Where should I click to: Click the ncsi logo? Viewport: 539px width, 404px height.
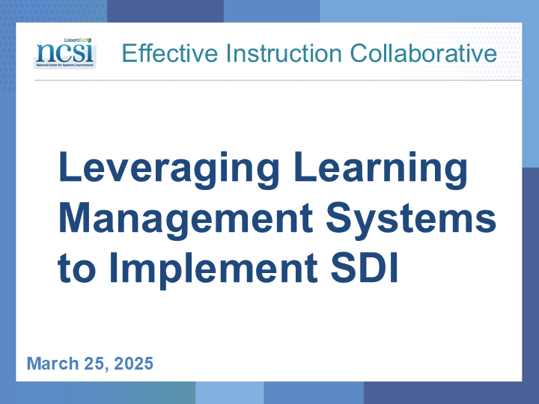tap(65, 53)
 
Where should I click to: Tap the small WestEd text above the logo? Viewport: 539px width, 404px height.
tap(78, 40)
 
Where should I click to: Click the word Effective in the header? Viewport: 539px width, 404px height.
tap(170, 53)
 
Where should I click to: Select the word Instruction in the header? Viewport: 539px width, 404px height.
tap(284, 53)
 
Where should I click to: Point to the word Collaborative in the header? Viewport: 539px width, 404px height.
tap(424, 53)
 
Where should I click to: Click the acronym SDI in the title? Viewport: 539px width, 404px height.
tap(365, 267)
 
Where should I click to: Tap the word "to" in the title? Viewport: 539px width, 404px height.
tap(76, 269)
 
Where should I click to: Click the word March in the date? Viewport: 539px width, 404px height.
tap(53, 364)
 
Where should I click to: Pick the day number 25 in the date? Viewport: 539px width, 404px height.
tap(94, 364)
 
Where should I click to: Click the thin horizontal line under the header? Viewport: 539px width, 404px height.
tap(278, 80)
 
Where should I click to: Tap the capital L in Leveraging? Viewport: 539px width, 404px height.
tap(70, 166)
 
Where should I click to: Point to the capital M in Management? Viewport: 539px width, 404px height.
tap(74, 217)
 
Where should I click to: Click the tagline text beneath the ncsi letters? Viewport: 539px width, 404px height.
tap(65, 65)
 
